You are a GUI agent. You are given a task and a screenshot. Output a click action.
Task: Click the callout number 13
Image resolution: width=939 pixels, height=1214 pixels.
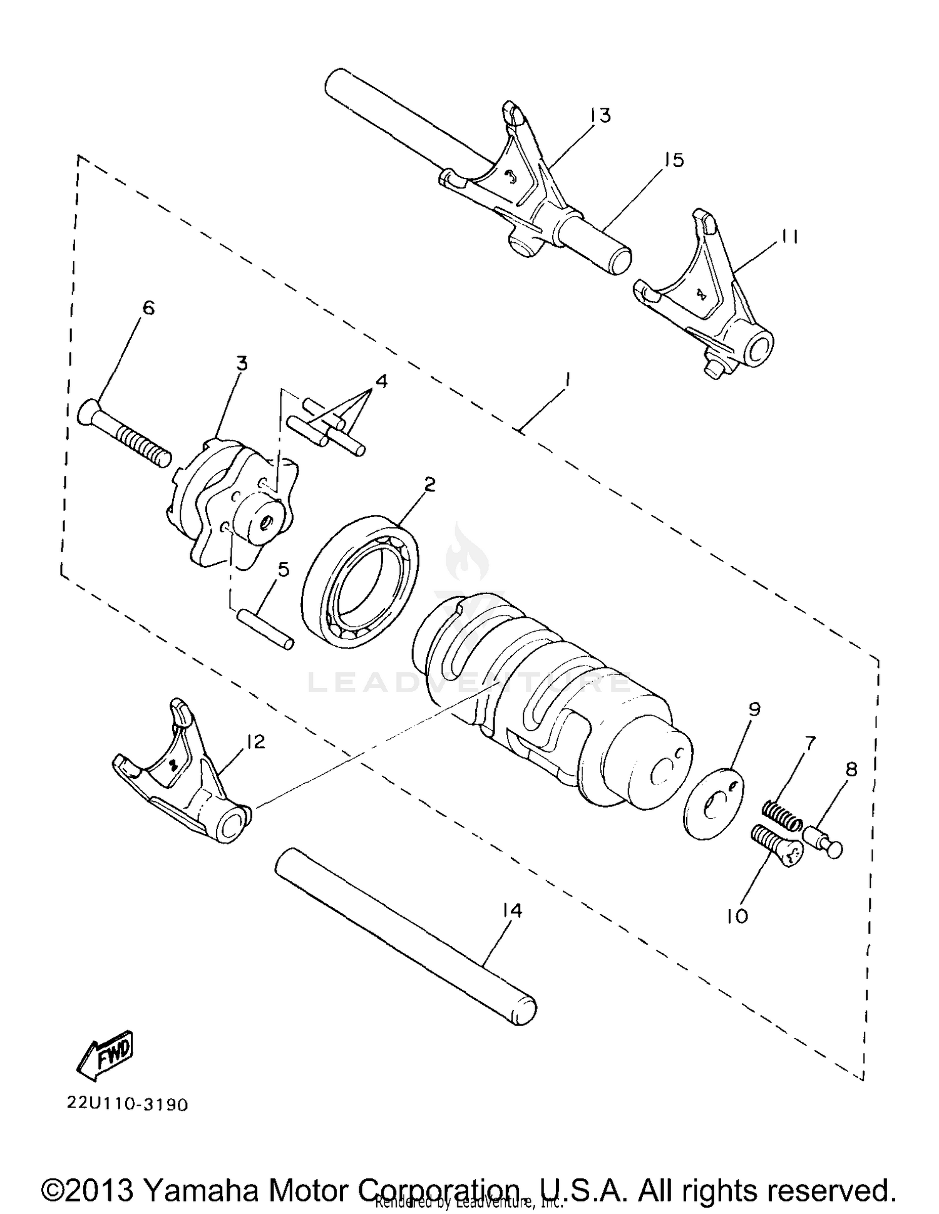(x=599, y=115)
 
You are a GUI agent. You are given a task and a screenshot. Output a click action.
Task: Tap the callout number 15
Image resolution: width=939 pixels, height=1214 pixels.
(x=674, y=160)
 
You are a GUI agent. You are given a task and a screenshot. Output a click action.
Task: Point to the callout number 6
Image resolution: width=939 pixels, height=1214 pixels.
(x=148, y=307)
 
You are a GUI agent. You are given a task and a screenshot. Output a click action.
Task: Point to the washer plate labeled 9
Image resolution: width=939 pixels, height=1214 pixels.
(x=712, y=801)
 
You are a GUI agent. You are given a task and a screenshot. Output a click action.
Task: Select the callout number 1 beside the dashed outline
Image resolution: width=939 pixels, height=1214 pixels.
(x=567, y=379)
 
